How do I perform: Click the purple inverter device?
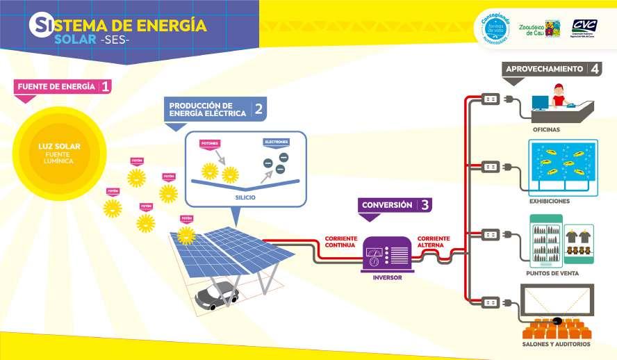pos(388,254)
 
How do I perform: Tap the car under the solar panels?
pos(217,295)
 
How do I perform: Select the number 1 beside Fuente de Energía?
pos(105,87)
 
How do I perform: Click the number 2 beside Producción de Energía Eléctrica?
pos(258,108)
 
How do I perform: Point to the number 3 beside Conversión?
pos(425,205)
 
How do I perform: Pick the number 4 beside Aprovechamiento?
pos(594,69)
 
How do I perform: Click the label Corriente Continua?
pos(340,242)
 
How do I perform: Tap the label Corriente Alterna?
pos(434,242)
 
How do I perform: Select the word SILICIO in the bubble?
pos(246,197)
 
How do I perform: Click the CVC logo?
pos(584,26)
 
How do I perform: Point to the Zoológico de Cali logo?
pos(539,28)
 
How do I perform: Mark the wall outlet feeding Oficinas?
pos(491,99)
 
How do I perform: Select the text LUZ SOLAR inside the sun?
pos(59,146)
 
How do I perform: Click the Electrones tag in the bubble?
pos(276,142)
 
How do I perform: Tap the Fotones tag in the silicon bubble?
pos(209,144)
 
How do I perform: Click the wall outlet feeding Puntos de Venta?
pos(491,234)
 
